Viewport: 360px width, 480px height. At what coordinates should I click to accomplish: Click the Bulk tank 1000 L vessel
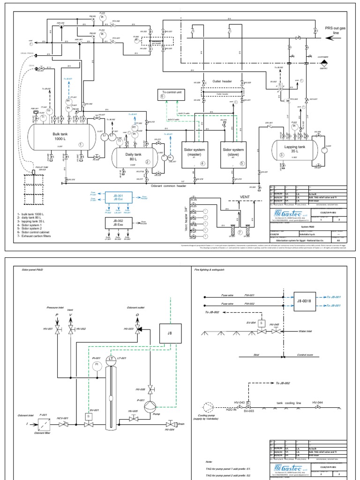click(x=56, y=137)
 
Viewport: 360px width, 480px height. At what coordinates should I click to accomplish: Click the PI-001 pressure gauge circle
click(x=97, y=363)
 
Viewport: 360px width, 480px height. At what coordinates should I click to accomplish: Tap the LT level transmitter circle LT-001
click(x=111, y=359)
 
